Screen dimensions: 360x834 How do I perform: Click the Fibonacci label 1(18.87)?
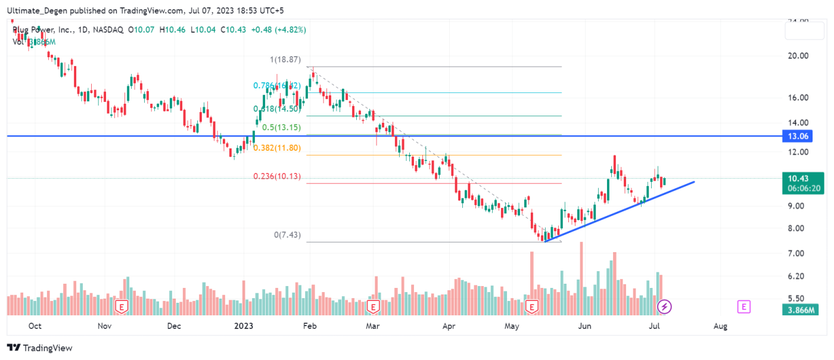[285, 60]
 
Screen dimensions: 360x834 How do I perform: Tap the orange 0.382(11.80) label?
[277, 148]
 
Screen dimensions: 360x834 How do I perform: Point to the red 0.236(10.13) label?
[277, 176]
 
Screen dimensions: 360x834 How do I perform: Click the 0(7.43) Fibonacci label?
[287, 235]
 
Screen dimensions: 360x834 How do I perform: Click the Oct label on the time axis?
[35, 326]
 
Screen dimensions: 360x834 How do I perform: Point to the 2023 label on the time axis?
[244, 326]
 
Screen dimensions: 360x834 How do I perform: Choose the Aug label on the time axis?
[720, 326]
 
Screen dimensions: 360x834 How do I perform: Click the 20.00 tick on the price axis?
[798, 56]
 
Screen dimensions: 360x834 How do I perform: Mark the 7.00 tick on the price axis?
[798, 253]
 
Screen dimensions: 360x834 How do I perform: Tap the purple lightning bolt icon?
[665, 307]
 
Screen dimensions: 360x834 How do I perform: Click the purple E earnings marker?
[743, 307]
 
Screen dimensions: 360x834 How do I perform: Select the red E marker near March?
[373, 307]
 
